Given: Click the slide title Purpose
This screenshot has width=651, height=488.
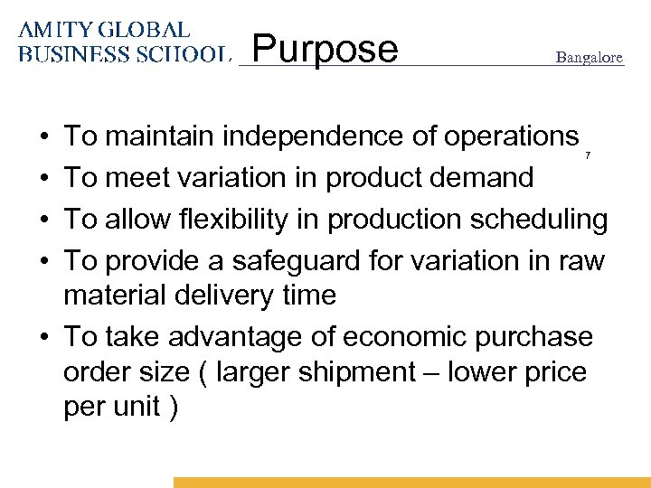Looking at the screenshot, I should tap(325, 49).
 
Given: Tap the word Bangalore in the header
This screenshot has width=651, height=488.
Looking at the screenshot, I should tap(589, 58).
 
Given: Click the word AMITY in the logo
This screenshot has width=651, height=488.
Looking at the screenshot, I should tap(51, 31).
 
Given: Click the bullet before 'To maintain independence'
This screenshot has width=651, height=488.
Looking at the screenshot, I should tap(44, 137).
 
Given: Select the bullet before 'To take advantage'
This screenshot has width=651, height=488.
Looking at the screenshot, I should tap(44, 337).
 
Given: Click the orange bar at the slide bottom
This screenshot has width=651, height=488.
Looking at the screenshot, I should tap(411, 483).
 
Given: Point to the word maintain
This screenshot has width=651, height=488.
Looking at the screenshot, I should tap(159, 136).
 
